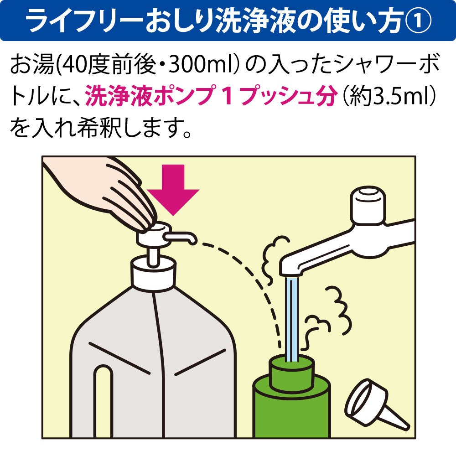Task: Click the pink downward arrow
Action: [173, 189]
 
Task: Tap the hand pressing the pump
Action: [99, 192]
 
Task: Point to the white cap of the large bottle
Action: [153, 273]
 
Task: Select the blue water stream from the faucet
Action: [291, 319]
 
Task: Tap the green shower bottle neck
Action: [293, 373]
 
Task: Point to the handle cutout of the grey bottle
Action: [103, 401]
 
